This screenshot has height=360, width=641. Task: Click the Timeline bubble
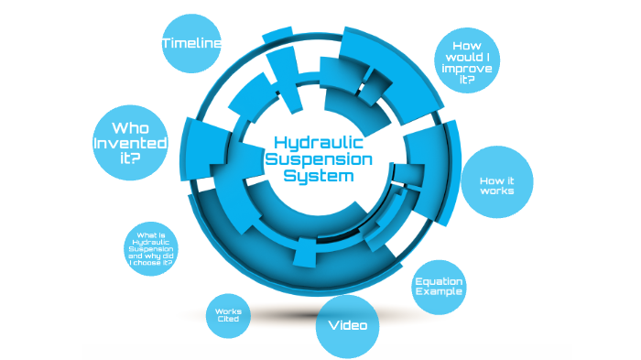coord(191,43)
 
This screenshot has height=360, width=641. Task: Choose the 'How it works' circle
coord(496,183)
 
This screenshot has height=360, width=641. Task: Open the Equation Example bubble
coord(439,287)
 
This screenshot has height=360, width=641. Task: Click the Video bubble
coord(347,325)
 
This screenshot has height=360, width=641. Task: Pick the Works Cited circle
coord(228,315)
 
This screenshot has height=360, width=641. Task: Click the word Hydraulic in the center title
coord(320,144)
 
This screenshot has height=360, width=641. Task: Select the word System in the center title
coord(317,177)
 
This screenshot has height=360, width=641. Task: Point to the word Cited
coord(228,320)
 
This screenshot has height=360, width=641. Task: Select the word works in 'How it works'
coord(496,191)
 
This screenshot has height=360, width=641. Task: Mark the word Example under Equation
coord(439,292)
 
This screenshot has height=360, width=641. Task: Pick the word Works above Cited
coord(228,311)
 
